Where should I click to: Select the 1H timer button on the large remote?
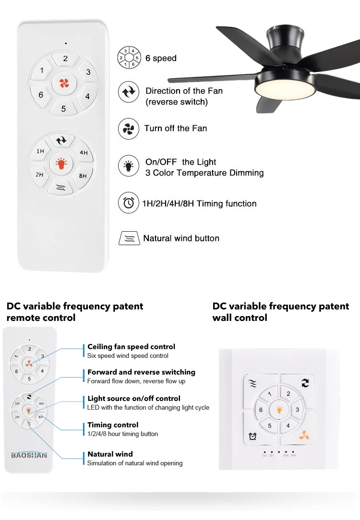click(x=40, y=152)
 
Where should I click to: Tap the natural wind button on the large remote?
click(x=60, y=188)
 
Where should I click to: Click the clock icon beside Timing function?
click(x=129, y=203)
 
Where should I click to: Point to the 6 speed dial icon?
click(x=129, y=58)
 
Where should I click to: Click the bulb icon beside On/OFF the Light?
click(x=129, y=166)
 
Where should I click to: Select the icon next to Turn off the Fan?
click(x=129, y=129)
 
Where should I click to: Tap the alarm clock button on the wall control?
click(x=252, y=436)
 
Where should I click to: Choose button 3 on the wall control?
click(x=298, y=410)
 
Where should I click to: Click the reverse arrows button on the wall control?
click(x=305, y=383)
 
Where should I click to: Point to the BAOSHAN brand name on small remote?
click(x=29, y=455)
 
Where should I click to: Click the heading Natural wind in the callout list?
click(x=110, y=454)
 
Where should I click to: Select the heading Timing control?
click(x=113, y=425)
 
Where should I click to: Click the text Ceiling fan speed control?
click(x=131, y=346)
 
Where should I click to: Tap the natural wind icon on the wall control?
click(x=253, y=383)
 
